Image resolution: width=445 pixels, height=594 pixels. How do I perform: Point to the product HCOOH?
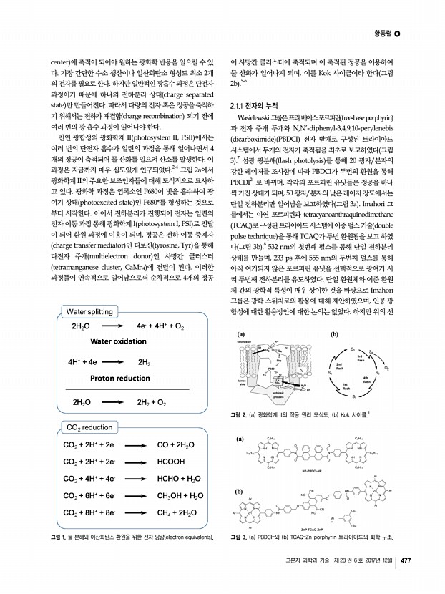click(171, 462)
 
